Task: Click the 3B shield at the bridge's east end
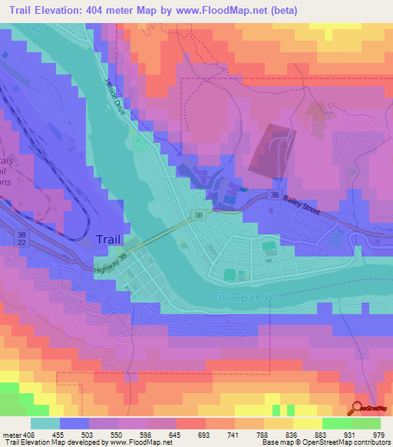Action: click(x=198, y=216)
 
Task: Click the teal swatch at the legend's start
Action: click(x=45, y=423)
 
